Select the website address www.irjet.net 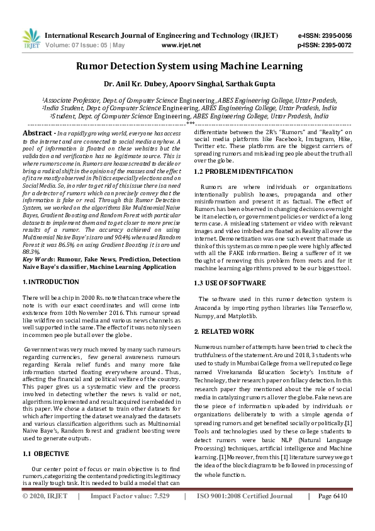coord(181,45)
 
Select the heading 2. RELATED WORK coord(224,331)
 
